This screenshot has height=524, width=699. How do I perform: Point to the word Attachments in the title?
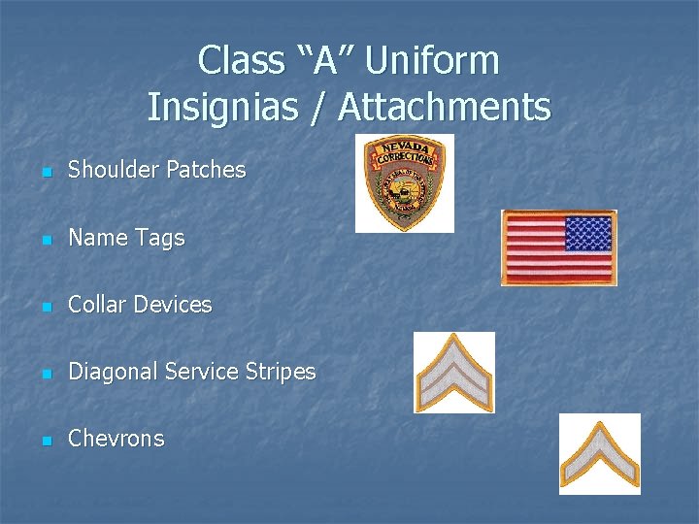[x=444, y=107]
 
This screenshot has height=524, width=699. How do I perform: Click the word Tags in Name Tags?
[x=162, y=239]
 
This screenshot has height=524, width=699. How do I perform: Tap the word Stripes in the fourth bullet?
[x=280, y=372]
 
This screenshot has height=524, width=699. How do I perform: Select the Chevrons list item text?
[x=116, y=439]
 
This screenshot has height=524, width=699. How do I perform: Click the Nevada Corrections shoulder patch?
[x=404, y=182]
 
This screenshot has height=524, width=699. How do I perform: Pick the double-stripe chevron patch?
[x=453, y=373]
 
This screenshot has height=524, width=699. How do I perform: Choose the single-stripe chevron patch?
[x=599, y=454]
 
